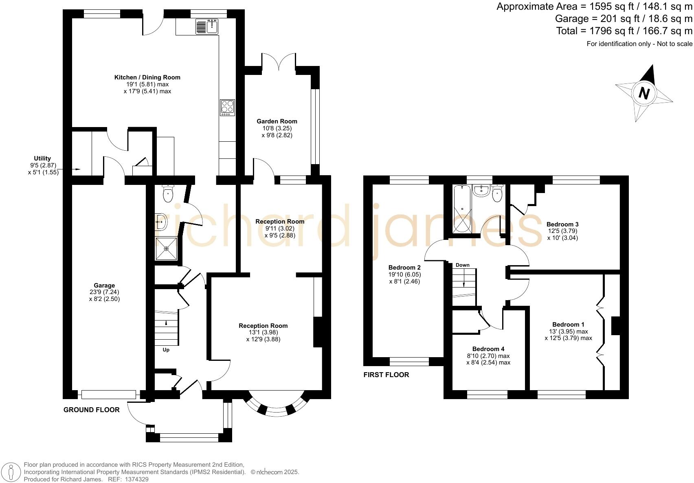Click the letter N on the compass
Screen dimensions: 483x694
click(x=643, y=93)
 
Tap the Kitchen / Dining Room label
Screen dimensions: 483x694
click(x=147, y=77)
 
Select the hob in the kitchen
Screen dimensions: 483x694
click(x=227, y=108)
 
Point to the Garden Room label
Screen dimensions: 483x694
click(x=277, y=121)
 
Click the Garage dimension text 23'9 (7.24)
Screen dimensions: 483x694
click(x=104, y=292)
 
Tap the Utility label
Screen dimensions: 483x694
click(x=42, y=158)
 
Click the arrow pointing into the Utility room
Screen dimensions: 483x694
click(x=76, y=169)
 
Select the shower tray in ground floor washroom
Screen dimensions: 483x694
click(x=166, y=248)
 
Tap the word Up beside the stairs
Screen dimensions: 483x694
click(x=166, y=350)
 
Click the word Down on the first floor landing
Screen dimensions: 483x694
click(x=462, y=265)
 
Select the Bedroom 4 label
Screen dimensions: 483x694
click(x=488, y=349)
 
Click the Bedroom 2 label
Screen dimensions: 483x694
click(x=404, y=268)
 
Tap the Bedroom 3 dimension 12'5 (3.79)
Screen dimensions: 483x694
click(x=562, y=231)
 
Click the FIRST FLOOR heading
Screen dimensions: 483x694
click(x=386, y=375)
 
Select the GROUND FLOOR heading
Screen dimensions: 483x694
click(x=91, y=410)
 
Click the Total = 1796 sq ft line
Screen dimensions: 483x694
click(x=624, y=31)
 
